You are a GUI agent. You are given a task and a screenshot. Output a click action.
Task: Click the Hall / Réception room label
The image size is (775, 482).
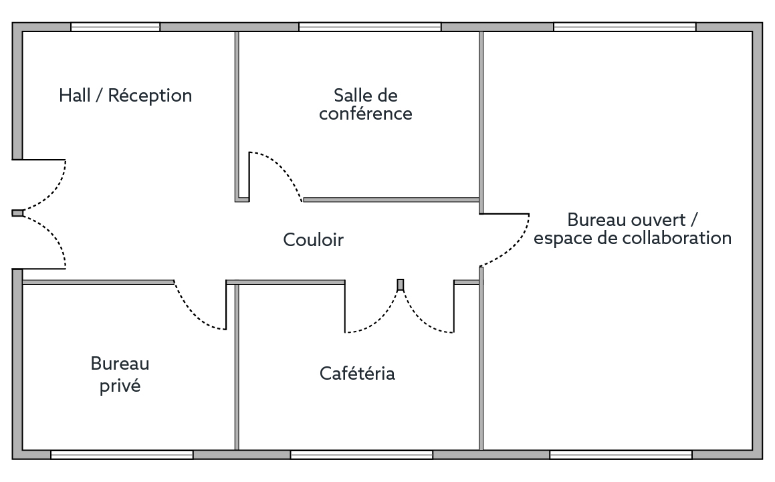126,96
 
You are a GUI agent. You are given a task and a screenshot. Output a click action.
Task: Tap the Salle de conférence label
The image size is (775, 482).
366,104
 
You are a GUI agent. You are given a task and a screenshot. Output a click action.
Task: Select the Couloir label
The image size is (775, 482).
314,240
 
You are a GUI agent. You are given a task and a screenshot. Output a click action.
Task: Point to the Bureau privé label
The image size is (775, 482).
120,374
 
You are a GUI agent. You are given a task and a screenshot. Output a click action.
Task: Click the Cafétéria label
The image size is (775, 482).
357,373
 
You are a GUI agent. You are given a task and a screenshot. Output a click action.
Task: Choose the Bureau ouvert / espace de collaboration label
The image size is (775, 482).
633,229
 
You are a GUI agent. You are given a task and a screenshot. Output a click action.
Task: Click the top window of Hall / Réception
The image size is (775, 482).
115,27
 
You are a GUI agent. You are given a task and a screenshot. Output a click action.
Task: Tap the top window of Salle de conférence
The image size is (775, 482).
370,27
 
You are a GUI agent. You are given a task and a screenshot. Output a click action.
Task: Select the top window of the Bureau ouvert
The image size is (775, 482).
625,27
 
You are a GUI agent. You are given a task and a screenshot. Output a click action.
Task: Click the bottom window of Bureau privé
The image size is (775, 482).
122,455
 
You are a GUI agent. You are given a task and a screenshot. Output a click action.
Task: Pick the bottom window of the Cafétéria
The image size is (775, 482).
362,455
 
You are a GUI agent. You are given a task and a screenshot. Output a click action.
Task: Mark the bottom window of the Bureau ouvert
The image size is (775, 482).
621,455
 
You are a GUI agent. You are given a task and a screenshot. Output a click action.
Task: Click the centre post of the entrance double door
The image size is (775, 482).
18,213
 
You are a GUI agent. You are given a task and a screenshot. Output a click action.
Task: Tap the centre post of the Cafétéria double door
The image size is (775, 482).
401,285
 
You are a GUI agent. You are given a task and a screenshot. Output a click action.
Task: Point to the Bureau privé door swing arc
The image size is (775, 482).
195,312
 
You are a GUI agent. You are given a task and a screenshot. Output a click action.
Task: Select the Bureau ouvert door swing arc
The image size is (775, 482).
513,248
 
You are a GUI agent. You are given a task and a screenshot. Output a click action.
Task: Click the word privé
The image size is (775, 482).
120,386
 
